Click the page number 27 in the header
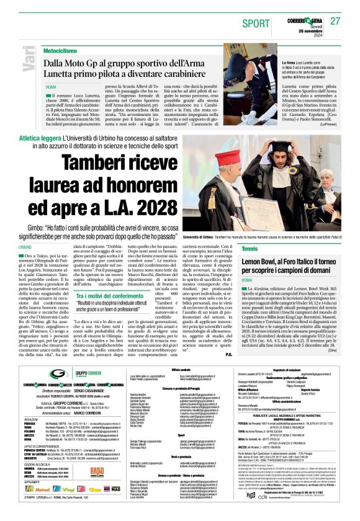(x=335, y=20)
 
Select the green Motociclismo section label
(x=65, y=50)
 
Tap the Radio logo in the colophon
(x=97, y=472)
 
